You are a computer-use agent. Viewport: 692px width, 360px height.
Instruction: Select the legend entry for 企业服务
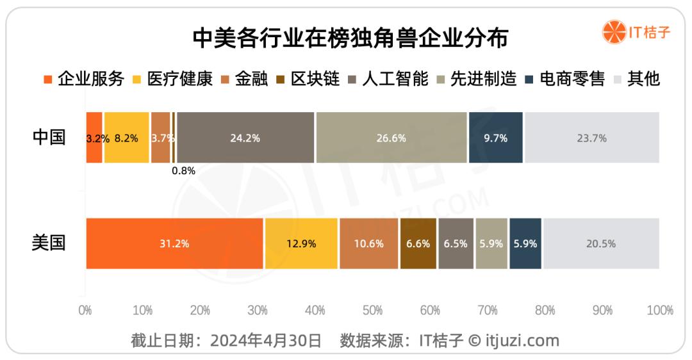[x=83, y=79]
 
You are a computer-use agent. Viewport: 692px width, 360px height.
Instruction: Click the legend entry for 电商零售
[x=564, y=79]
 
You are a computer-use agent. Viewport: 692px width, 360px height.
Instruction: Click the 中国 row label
[x=49, y=137]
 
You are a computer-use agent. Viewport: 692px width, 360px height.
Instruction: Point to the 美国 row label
[x=49, y=243]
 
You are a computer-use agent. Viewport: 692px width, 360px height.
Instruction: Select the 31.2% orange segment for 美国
[x=174, y=243]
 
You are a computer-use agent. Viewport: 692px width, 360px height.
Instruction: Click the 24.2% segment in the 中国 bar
[x=245, y=138]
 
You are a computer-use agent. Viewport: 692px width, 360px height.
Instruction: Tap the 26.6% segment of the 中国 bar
[x=391, y=138]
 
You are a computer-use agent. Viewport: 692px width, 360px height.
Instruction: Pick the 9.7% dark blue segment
[x=496, y=138]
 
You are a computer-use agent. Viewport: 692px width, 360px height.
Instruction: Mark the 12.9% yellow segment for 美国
[x=301, y=243]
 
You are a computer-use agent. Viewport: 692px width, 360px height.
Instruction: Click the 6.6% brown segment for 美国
[x=418, y=243]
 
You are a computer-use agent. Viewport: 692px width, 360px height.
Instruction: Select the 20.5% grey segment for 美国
[x=601, y=243]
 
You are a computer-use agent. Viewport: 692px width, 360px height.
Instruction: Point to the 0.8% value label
[x=183, y=171]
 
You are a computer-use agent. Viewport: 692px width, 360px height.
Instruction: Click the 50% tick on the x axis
[x=373, y=311]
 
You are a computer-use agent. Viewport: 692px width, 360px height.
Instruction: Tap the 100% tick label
[x=660, y=311]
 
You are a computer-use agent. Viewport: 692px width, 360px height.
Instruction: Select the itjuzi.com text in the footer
[x=523, y=340]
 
